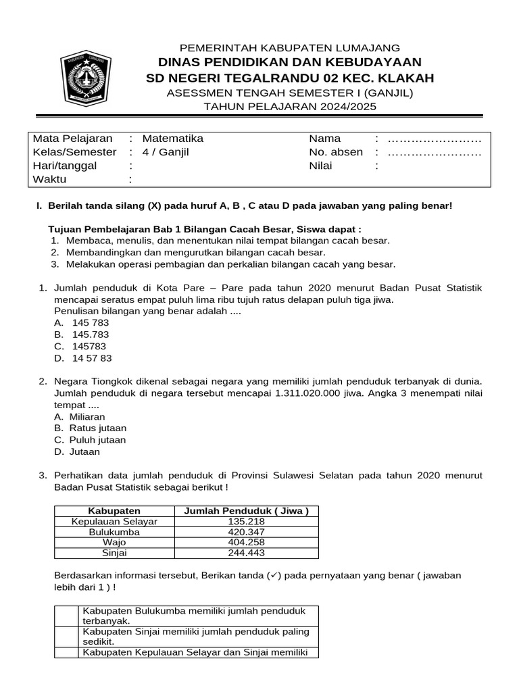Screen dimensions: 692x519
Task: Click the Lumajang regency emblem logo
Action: (x=85, y=76)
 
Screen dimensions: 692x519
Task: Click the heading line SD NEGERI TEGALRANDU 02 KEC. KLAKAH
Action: (x=290, y=78)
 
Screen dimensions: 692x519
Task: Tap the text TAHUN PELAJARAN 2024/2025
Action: (x=290, y=107)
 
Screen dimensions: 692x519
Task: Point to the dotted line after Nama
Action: (x=435, y=139)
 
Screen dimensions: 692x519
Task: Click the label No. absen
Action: (x=336, y=152)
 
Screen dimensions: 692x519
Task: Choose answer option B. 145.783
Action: (x=81, y=335)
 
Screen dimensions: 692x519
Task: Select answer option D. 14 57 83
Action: (x=82, y=358)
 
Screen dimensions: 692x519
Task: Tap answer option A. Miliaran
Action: (x=80, y=417)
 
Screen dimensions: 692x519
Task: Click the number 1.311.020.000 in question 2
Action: (x=314, y=393)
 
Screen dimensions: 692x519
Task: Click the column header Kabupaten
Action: (x=114, y=511)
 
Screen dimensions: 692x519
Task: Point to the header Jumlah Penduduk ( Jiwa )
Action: (x=246, y=511)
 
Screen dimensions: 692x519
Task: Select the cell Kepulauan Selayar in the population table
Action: (x=114, y=522)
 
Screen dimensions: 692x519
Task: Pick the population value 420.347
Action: (x=246, y=532)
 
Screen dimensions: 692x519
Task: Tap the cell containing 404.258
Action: (x=246, y=542)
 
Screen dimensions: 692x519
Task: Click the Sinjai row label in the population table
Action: (x=114, y=553)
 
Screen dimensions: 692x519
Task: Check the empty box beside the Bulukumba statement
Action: (x=66, y=616)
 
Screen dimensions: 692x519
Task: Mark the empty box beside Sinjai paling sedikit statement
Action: (x=66, y=636)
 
